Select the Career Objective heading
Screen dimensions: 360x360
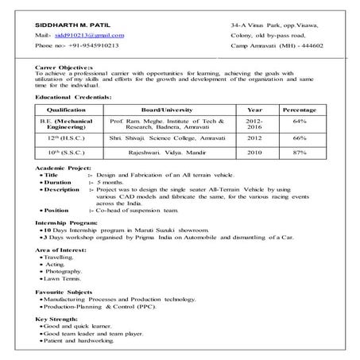pyautogui.click(x=64, y=68)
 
